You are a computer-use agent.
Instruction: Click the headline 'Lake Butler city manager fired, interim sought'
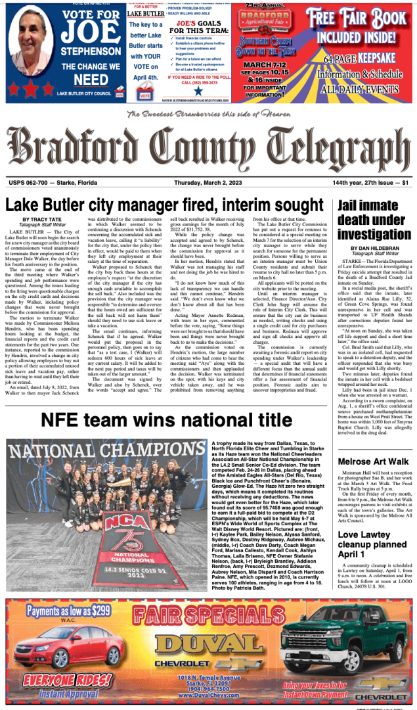coord(167,204)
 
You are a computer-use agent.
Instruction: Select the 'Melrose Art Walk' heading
coord(372,461)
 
